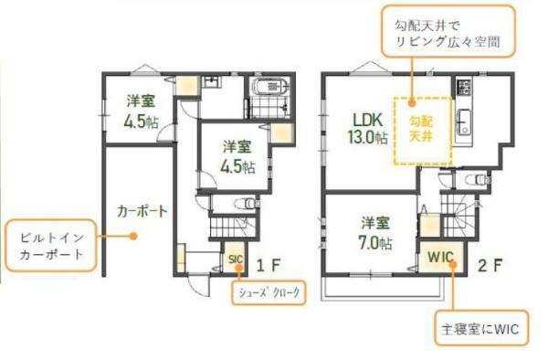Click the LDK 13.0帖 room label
tap(367, 128)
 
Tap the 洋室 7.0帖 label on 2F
tap(375, 233)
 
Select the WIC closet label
tap(441, 258)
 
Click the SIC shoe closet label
tap(236, 259)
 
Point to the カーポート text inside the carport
tap(142, 211)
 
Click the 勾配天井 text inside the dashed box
tap(421, 129)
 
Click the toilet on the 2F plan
tap(478, 180)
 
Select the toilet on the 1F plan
tap(248, 203)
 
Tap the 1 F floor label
tap(269, 266)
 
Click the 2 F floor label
tap(490, 266)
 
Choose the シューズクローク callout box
tap(269, 292)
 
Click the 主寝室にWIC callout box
tap(481, 328)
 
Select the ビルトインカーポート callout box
tap(51, 246)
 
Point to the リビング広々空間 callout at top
tap(448, 31)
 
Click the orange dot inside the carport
tap(132, 236)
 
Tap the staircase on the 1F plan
tap(233, 228)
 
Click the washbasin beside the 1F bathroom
tap(211, 81)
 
